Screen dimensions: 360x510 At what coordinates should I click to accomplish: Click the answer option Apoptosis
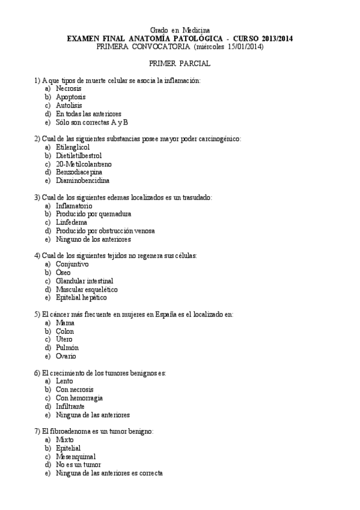pos(70,97)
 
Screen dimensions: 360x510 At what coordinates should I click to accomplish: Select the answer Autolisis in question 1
pos(69,105)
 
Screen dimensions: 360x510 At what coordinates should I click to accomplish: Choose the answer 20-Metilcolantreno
pos(84,164)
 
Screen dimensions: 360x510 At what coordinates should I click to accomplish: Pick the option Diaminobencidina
pos(82,180)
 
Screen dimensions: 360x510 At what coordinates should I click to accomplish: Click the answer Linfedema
pos(71,222)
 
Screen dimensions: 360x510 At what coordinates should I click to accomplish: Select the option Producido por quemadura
pos(93,214)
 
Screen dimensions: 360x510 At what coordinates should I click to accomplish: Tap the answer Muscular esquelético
pos(87,289)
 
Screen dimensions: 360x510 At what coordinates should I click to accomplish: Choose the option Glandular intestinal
pos(84,280)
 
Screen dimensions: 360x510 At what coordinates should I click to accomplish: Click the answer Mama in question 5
pos(65,322)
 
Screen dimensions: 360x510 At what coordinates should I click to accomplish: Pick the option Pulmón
pos(67,348)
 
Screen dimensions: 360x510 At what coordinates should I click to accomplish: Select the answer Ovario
pos(66,356)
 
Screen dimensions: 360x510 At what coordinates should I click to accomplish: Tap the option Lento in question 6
pos(64,381)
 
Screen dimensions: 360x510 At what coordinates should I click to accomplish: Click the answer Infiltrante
pos(70,406)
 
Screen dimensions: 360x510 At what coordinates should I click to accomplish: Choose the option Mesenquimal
pos(76,456)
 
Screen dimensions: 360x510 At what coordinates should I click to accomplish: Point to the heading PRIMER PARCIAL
pos(180,63)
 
